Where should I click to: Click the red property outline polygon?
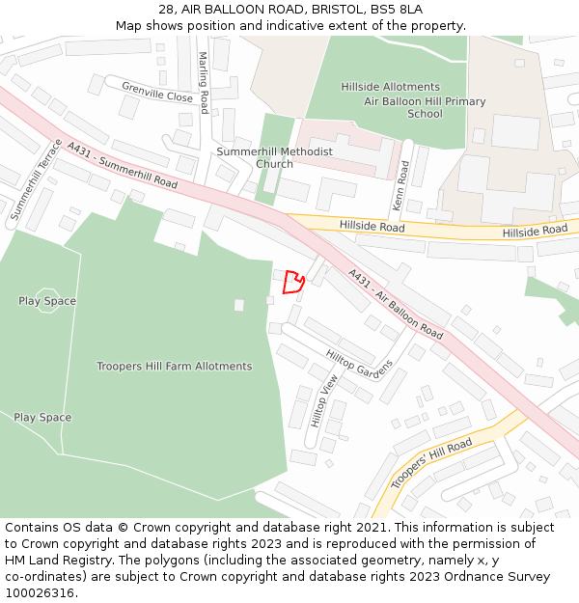click(x=293, y=283)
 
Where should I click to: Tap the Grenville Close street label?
click(x=157, y=92)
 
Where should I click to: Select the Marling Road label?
click(x=204, y=83)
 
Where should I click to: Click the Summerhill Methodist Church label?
click(x=274, y=157)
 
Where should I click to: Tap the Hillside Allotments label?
click(x=390, y=87)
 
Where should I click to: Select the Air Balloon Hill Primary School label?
click(x=425, y=107)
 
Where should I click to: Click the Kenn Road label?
click(x=403, y=186)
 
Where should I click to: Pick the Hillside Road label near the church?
click(x=372, y=226)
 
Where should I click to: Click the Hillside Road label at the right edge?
click(x=535, y=231)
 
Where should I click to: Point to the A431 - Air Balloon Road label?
click(x=396, y=303)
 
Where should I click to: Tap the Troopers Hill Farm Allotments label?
click(x=174, y=367)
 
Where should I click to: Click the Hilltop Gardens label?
click(x=360, y=363)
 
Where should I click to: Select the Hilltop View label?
click(x=325, y=400)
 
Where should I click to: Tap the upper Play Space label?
click(x=47, y=301)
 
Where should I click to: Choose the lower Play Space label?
click(x=42, y=418)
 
